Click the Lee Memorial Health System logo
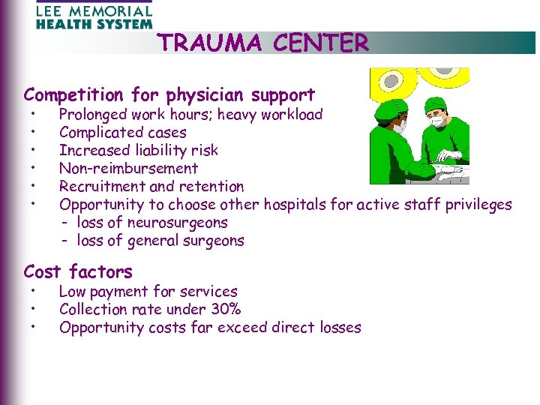point(94,14)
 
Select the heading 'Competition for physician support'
point(169,95)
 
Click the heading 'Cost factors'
point(78,271)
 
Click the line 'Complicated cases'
point(123,133)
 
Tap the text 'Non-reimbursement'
point(128,169)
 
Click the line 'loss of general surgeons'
point(160,241)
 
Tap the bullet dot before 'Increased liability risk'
point(34,151)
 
